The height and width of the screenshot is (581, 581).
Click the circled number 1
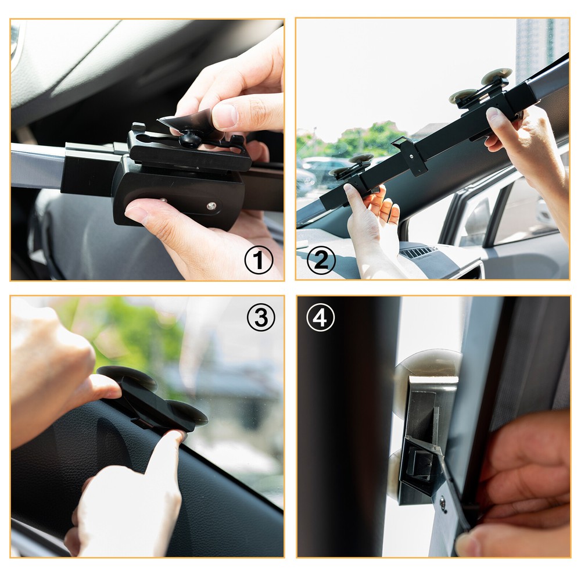pos(259,260)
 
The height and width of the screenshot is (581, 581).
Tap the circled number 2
pos(321,260)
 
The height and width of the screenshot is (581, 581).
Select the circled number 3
pos(261,317)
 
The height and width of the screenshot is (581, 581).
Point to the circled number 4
pos(321,317)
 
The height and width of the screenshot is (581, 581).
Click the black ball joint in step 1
pos(189,139)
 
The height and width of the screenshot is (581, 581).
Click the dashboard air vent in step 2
pos(419,252)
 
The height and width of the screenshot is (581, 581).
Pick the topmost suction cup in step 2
pos(497,76)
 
